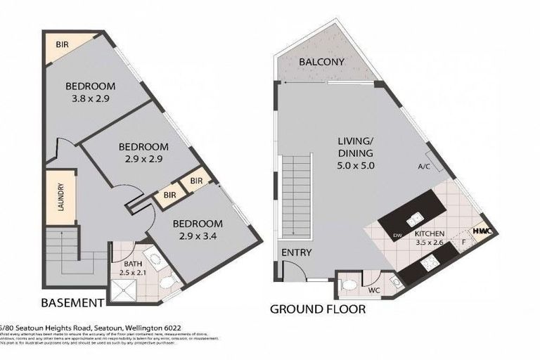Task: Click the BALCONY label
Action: [x=321, y=62]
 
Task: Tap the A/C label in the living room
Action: [x=424, y=167]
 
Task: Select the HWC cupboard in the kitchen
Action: [x=482, y=231]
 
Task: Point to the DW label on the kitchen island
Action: [x=397, y=235]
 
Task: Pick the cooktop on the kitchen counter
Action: [x=429, y=265]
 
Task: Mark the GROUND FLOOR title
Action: [x=318, y=309]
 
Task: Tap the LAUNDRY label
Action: [x=60, y=198]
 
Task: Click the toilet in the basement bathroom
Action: [x=167, y=283]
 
